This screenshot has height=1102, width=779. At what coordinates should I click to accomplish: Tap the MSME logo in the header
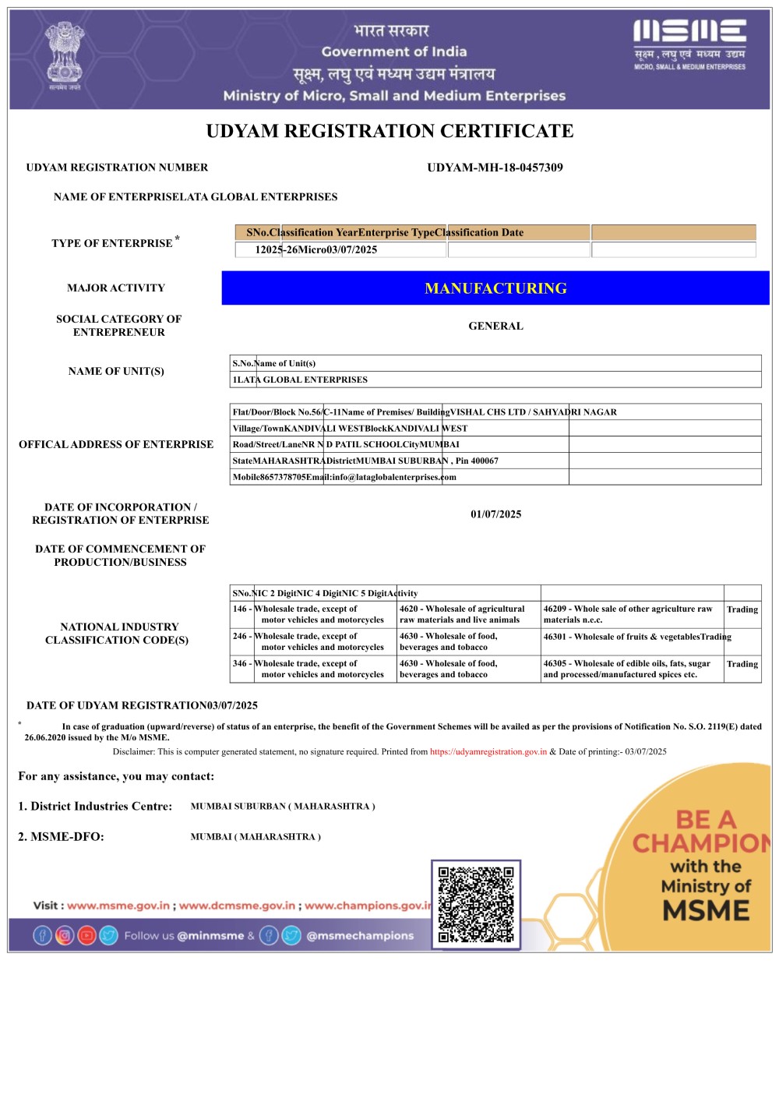[x=689, y=44]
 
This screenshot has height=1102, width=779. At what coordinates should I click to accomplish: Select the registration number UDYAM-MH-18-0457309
[x=495, y=168]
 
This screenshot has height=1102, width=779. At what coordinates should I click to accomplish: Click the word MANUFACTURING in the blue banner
[x=495, y=288]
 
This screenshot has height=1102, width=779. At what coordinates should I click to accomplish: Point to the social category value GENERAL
[x=495, y=326]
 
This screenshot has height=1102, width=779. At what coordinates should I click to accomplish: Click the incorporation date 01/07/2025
[x=495, y=514]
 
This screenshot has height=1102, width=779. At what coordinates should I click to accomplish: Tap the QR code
[x=476, y=904]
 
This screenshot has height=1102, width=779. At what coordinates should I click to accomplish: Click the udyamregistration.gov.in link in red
[x=488, y=752]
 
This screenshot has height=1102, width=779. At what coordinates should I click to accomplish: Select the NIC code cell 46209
[x=628, y=614]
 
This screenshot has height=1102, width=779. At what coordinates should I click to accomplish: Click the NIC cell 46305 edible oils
[x=627, y=669]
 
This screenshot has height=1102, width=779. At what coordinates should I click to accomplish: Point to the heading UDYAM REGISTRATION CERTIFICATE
[x=389, y=131]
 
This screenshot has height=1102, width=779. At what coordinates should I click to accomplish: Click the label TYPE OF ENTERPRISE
[x=112, y=243]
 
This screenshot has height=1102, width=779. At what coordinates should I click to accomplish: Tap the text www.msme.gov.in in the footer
[x=118, y=906]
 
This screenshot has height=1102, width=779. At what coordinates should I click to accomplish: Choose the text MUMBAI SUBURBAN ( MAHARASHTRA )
[x=283, y=807]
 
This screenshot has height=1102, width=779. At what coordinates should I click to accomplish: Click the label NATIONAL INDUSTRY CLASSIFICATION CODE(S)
[x=118, y=633]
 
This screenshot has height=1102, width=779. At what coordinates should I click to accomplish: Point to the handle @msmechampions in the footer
[x=360, y=936]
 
